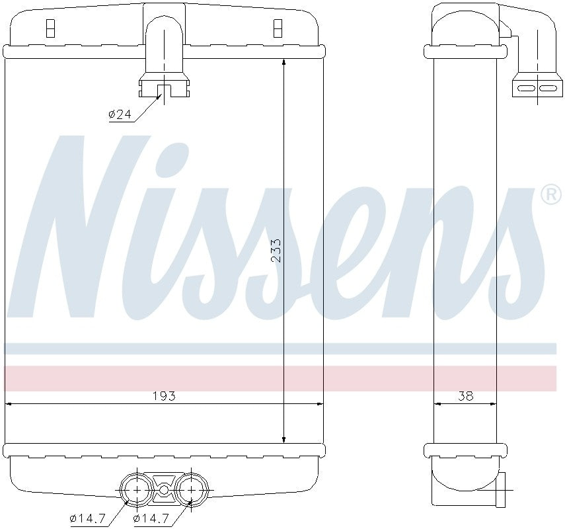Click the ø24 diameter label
point(120,115)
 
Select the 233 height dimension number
point(276,251)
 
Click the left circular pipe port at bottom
point(136,489)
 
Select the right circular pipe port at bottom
point(192,489)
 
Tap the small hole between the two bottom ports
point(164,490)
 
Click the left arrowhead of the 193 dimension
point(9,403)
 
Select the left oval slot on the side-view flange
point(527,87)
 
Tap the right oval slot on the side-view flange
point(547,87)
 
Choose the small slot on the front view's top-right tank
point(278,28)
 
